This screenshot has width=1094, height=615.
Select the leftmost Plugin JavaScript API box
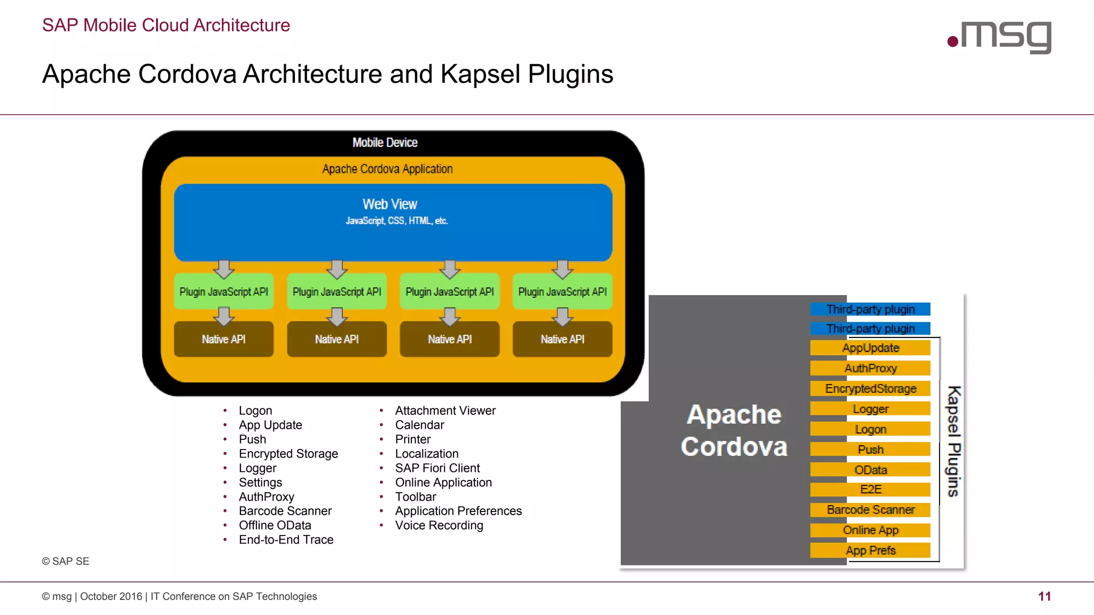tap(223, 292)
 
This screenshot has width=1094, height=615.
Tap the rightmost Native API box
tap(562, 339)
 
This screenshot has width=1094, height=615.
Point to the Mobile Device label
tap(385, 143)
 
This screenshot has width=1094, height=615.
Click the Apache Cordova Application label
tap(387, 169)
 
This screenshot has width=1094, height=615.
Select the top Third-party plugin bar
tap(870, 309)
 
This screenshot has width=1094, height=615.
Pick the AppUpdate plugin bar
tap(870, 348)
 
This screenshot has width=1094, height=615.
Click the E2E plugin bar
tap(870, 490)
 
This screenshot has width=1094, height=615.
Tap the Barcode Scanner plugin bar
tap(870, 510)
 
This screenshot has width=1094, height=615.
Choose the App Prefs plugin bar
tap(870, 550)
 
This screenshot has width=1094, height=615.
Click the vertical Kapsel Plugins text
tap(954, 441)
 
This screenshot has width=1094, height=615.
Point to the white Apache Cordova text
tap(734, 430)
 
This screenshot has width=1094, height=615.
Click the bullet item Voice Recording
tap(439, 525)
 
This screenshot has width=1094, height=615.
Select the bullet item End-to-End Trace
tap(286, 540)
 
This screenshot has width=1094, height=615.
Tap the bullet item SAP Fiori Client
tap(437, 468)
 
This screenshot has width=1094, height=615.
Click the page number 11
tap(1044, 596)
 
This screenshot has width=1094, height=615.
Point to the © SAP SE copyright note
tap(65, 561)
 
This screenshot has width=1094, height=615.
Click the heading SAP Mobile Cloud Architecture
tap(166, 25)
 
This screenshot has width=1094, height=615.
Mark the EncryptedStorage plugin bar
tap(870, 389)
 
